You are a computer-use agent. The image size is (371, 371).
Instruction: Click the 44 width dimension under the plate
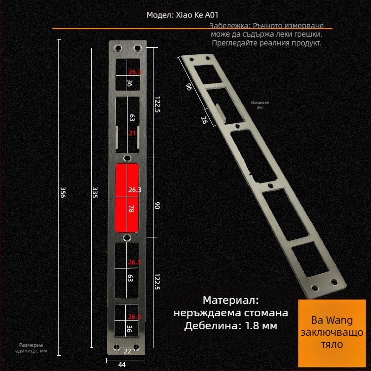[122, 365]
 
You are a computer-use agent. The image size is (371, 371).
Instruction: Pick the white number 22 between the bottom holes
[127, 351]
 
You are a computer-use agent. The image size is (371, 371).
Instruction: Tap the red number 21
[132, 133]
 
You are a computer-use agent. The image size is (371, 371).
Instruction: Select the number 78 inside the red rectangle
[130, 209]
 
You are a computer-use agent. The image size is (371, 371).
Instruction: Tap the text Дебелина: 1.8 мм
[230, 326]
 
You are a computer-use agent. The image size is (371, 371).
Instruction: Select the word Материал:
[230, 300]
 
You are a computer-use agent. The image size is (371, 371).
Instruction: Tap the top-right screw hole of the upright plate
[137, 48]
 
